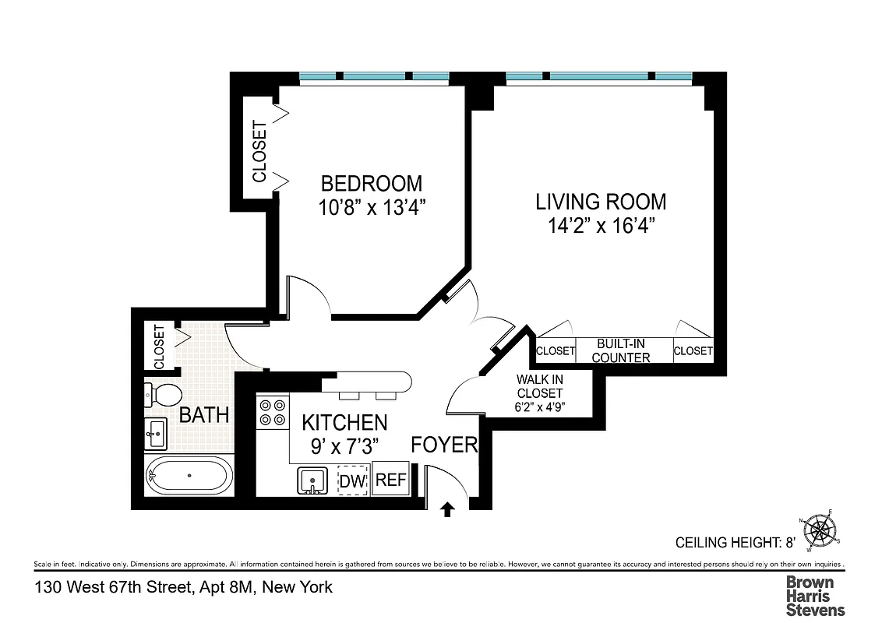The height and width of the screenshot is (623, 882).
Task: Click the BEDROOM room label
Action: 372,184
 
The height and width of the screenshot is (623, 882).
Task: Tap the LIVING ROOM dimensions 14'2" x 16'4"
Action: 600,227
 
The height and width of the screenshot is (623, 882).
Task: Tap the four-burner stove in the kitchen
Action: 273,412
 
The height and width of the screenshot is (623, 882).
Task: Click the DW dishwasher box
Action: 352,480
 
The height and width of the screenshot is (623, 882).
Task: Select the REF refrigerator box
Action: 390,480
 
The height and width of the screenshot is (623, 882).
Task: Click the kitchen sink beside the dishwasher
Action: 313,480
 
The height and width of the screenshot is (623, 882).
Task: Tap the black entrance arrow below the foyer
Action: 448,509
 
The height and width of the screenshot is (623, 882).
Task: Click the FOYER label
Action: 443,445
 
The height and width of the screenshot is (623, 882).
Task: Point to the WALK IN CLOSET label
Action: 539,386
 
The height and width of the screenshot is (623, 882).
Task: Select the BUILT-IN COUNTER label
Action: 623,350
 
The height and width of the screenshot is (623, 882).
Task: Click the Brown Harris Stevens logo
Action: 814,596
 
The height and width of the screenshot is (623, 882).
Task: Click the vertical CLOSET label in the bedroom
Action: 259,152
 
